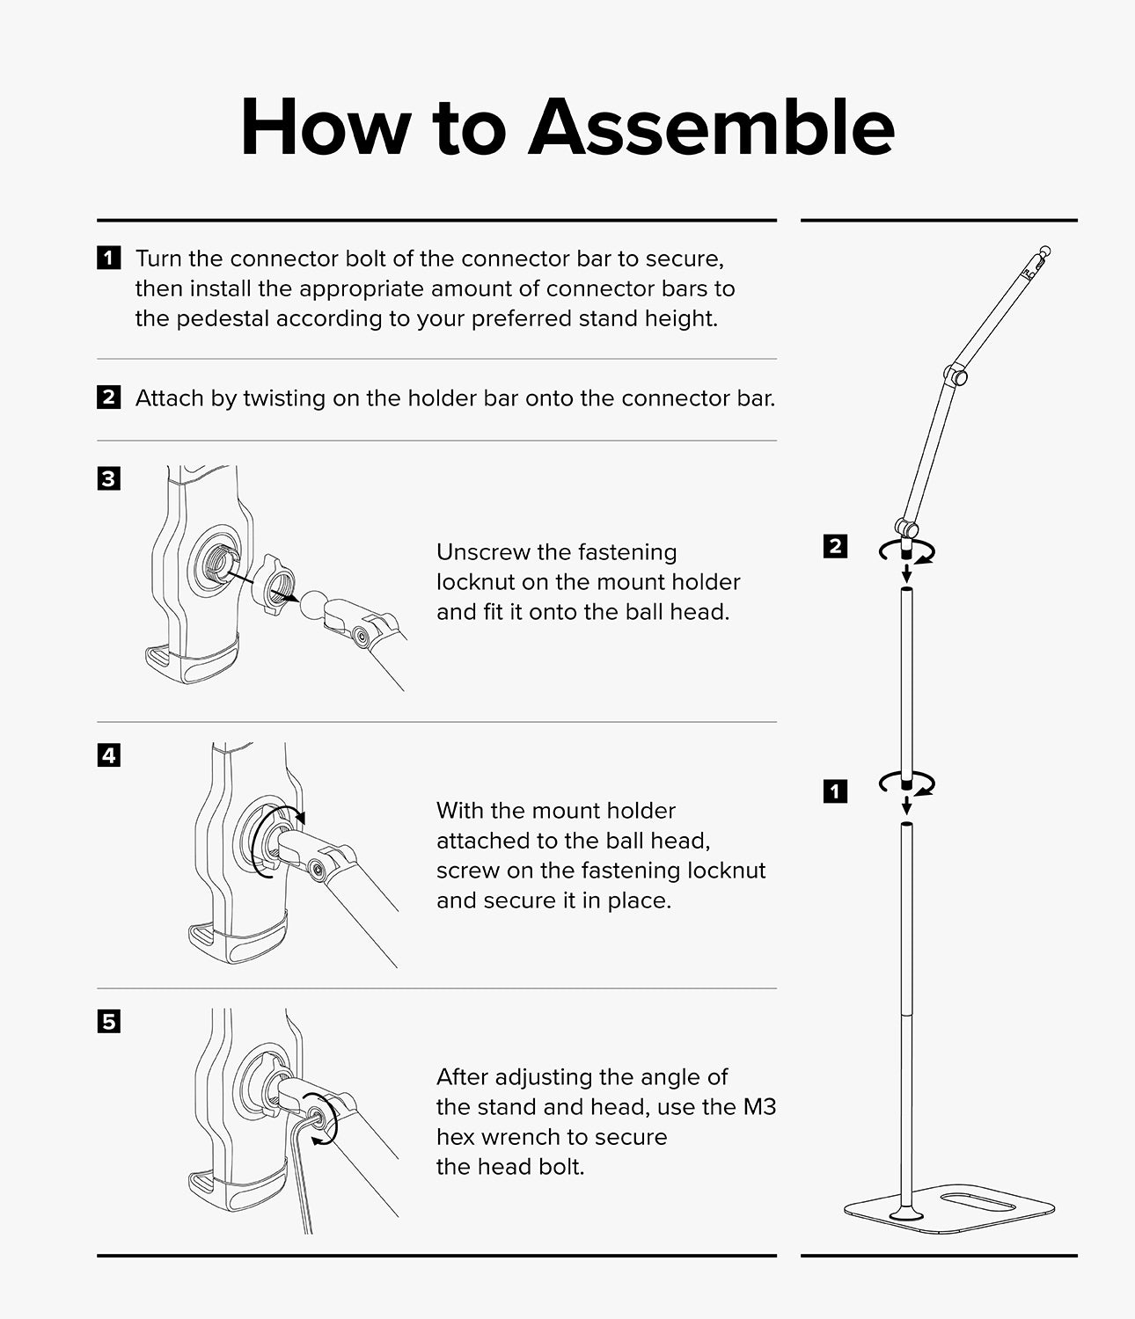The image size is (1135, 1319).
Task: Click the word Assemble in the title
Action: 712,127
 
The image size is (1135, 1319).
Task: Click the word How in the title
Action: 326,127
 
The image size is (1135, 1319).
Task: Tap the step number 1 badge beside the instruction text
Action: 109,258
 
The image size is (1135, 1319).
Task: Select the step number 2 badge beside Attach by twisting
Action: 109,397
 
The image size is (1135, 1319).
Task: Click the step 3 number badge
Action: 109,478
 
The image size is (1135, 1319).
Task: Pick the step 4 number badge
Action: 109,755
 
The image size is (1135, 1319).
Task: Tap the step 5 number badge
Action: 109,1022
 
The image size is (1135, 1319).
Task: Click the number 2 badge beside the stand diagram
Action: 835,547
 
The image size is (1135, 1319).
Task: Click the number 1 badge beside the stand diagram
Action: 835,792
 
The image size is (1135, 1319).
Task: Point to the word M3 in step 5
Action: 759,1107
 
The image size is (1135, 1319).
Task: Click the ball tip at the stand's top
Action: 1045,250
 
